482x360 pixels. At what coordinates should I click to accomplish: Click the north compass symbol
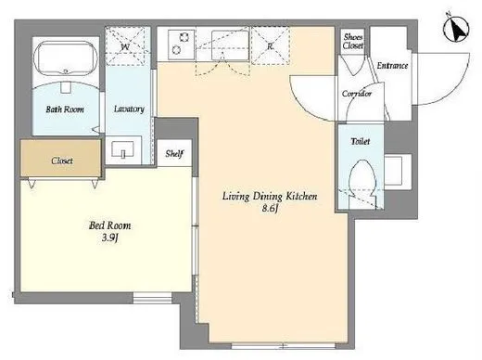tap(456, 29)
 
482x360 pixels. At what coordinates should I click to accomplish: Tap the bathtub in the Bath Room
tap(66, 58)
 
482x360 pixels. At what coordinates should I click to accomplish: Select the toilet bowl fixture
tap(362, 179)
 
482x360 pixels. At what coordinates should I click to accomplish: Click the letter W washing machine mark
tap(125, 47)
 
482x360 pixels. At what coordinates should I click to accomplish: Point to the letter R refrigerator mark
tap(271, 46)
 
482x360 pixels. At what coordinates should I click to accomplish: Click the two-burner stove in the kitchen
tap(182, 45)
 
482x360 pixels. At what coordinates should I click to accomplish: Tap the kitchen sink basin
tap(230, 45)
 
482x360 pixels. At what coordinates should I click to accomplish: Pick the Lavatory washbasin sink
tap(123, 149)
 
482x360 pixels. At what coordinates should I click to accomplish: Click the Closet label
tap(62, 161)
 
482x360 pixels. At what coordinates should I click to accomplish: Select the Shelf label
tap(174, 153)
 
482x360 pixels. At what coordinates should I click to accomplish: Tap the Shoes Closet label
tap(353, 41)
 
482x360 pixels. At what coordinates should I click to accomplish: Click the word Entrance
tap(392, 66)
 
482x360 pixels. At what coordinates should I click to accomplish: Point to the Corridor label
tap(357, 94)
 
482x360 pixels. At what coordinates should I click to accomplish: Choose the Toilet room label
tap(361, 141)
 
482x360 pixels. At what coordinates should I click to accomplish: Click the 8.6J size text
tap(271, 208)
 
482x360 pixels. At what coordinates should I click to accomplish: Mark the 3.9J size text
tap(109, 238)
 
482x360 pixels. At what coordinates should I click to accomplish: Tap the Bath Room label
tap(65, 109)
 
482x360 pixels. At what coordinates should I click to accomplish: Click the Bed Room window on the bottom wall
tap(152, 298)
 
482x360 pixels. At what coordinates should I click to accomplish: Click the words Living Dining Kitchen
tap(270, 197)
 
